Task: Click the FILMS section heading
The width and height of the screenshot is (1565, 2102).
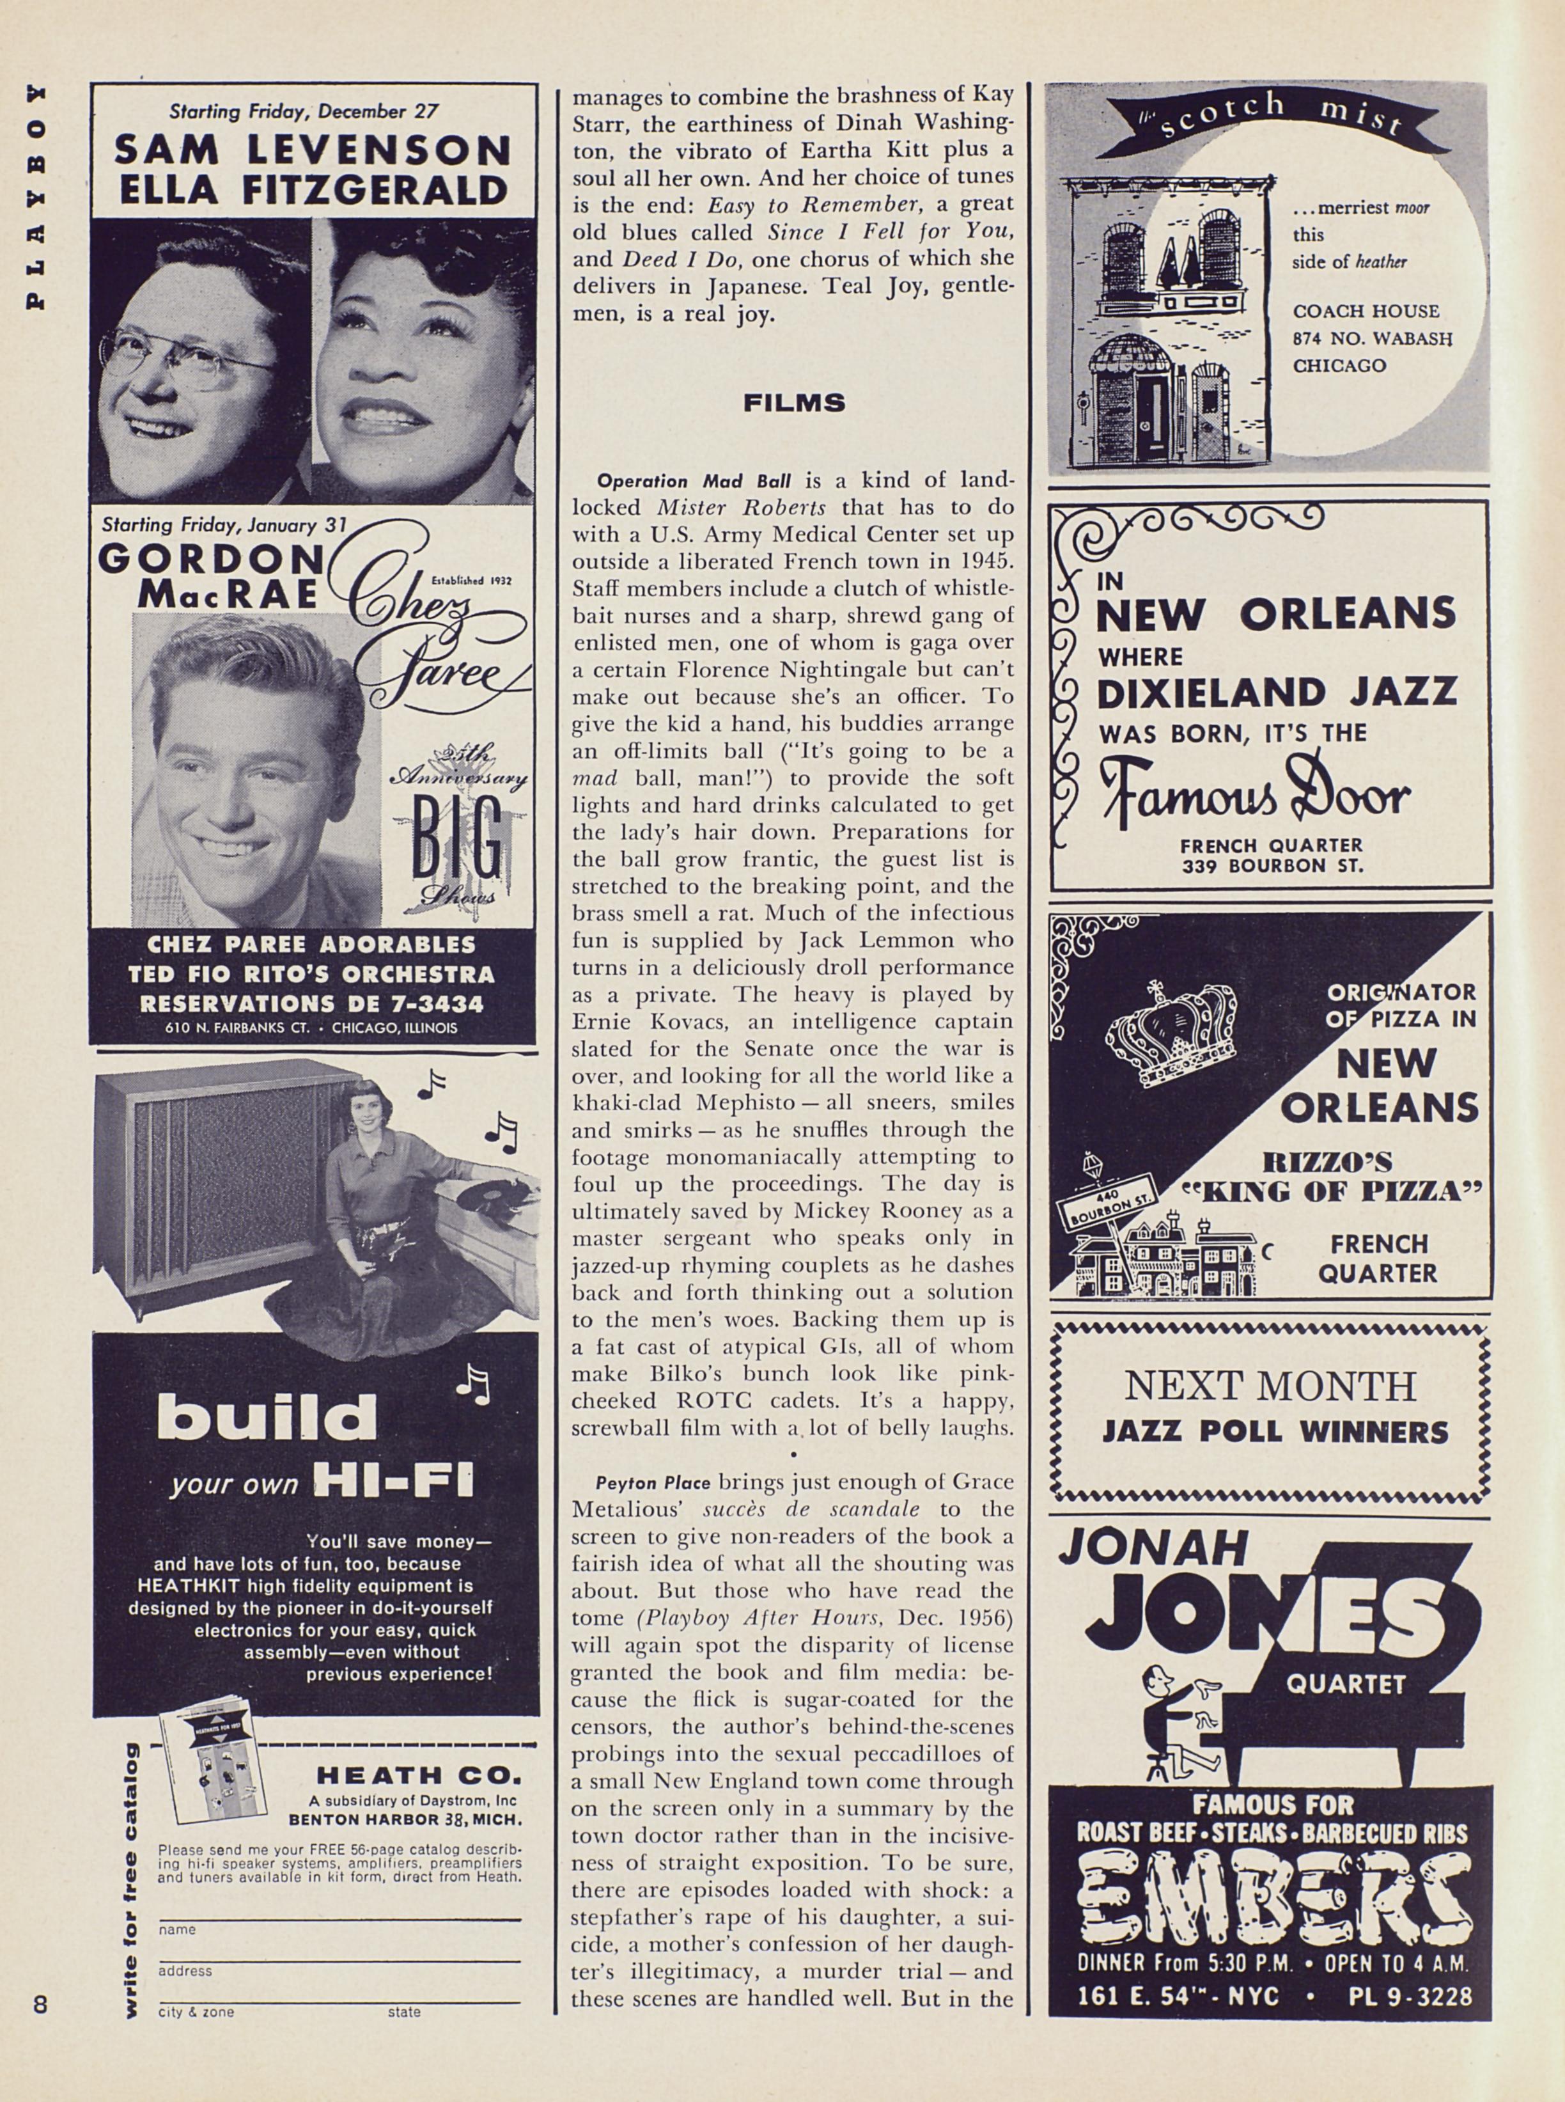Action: [794, 404]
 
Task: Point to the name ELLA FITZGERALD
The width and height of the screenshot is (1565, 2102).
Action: [312, 191]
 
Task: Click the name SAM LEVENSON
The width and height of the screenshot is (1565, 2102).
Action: [312, 149]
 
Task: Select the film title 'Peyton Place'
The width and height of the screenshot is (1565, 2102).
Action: [653, 1482]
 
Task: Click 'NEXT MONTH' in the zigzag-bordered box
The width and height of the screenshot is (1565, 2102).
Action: [1270, 1386]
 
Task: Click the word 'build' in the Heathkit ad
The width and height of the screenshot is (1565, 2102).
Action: [267, 1419]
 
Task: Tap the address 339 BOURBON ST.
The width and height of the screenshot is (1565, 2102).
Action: [1272, 865]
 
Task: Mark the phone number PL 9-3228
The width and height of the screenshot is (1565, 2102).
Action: [1410, 1998]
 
